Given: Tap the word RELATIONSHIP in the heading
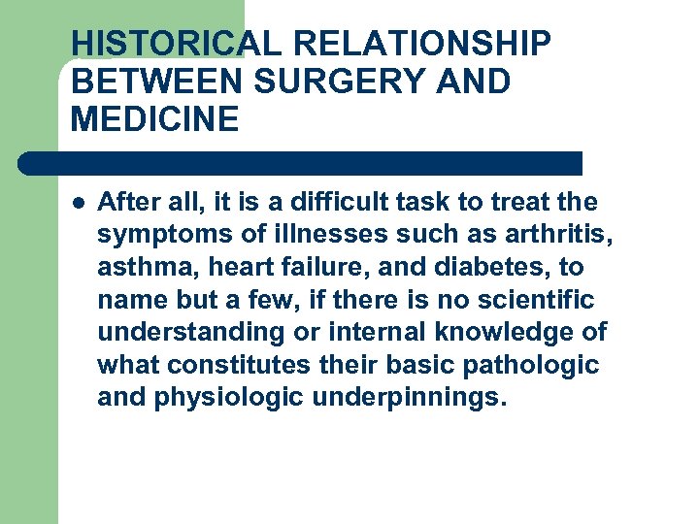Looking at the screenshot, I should [423, 44].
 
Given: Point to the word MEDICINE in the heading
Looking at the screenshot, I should [154, 119].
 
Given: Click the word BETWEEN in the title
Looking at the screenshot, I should [155, 82].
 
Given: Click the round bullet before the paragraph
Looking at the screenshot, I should [78, 204].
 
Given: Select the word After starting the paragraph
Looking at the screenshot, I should [128, 203].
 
